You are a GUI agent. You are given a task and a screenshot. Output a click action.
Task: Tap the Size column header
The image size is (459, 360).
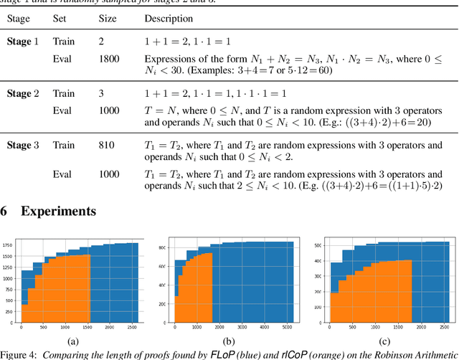coord(108,18)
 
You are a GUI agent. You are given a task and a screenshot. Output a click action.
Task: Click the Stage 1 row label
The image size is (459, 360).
coord(24,42)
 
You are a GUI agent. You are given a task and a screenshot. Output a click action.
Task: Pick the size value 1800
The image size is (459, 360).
coord(109,60)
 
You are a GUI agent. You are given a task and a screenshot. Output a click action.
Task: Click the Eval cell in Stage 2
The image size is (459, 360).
coord(62,111)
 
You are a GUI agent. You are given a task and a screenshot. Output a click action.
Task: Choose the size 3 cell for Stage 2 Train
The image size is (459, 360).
coord(101,94)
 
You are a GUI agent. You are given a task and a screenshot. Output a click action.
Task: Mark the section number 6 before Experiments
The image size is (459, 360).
coord(4,211)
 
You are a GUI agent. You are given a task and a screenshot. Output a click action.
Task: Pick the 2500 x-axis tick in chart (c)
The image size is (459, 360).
coord(447,328)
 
